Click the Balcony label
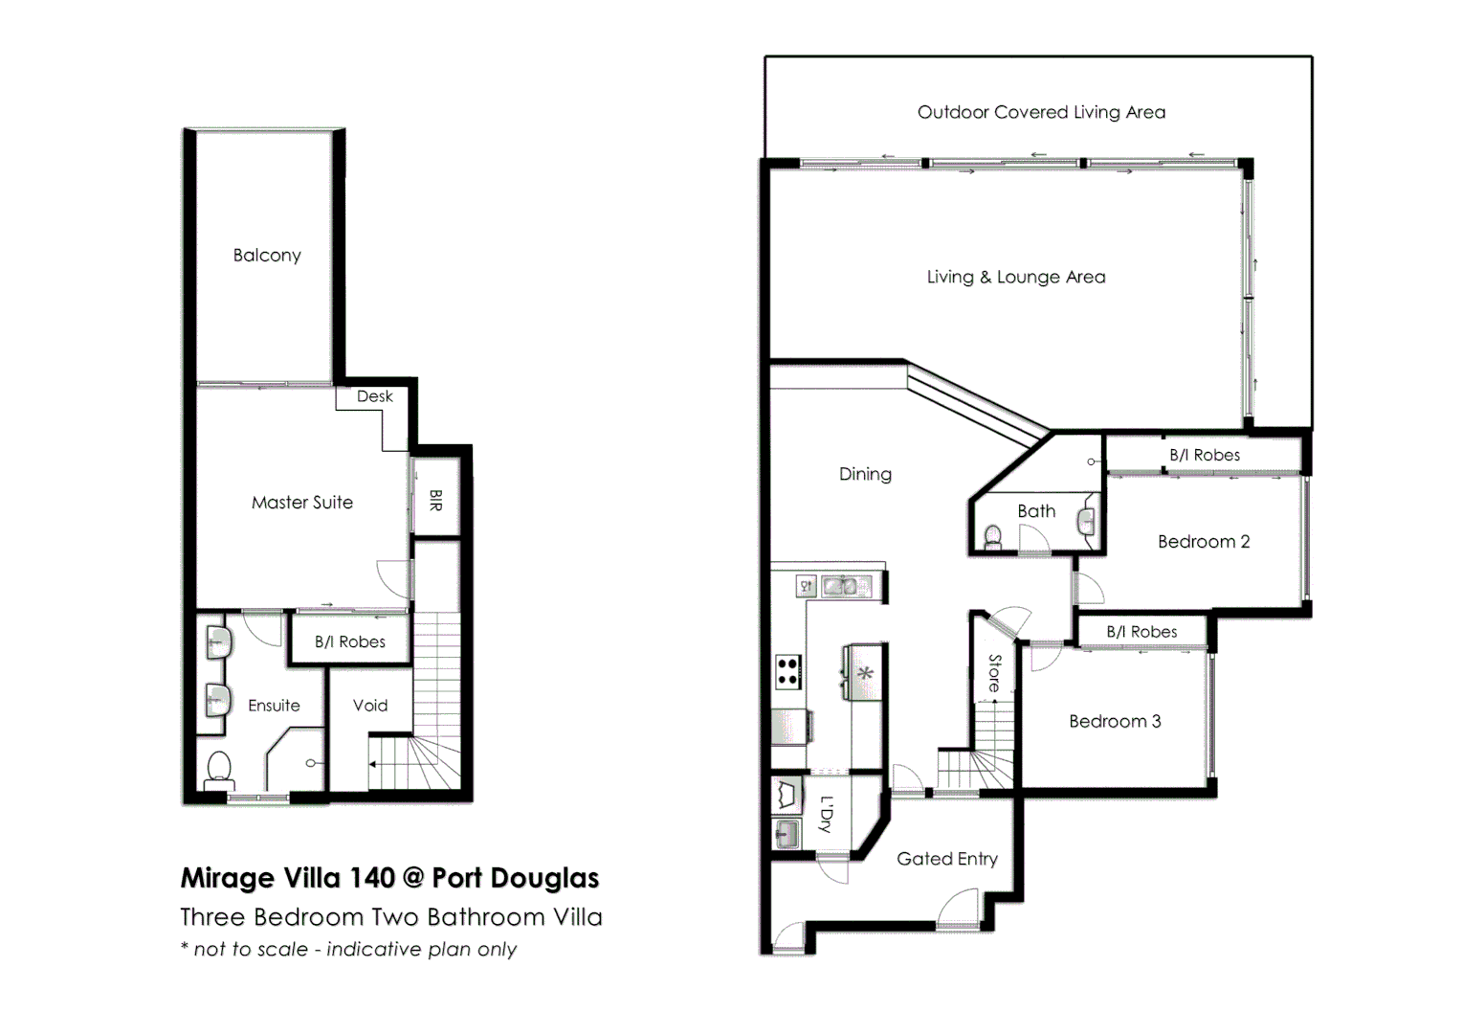pyautogui.click(x=267, y=256)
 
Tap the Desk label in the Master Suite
pyautogui.click(x=374, y=396)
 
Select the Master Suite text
pyautogui.click(x=301, y=503)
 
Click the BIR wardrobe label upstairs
pyautogui.click(x=435, y=500)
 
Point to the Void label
pyautogui.click(x=370, y=706)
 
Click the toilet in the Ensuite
pyautogui.click(x=219, y=769)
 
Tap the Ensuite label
pyautogui.click(x=274, y=706)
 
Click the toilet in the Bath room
pyautogui.click(x=993, y=537)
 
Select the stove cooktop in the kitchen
pyautogui.click(x=787, y=670)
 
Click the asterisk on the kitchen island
pyautogui.click(x=865, y=674)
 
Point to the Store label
pyautogui.click(x=994, y=673)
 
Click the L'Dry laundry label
pyautogui.click(x=827, y=814)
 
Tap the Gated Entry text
pyautogui.click(x=946, y=859)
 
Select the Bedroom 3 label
pyautogui.click(x=1115, y=722)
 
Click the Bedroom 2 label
pyautogui.click(x=1204, y=542)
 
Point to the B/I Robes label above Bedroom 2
pyautogui.click(x=1204, y=456)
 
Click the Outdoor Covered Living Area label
pyautogui.click(x=1041, y=112)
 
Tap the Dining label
pyautogui.click(x=865, y=474)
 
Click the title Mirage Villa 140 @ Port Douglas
pyautogui.click(x=389, y=878)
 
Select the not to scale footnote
pyautogui.click(x=348, y=950)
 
